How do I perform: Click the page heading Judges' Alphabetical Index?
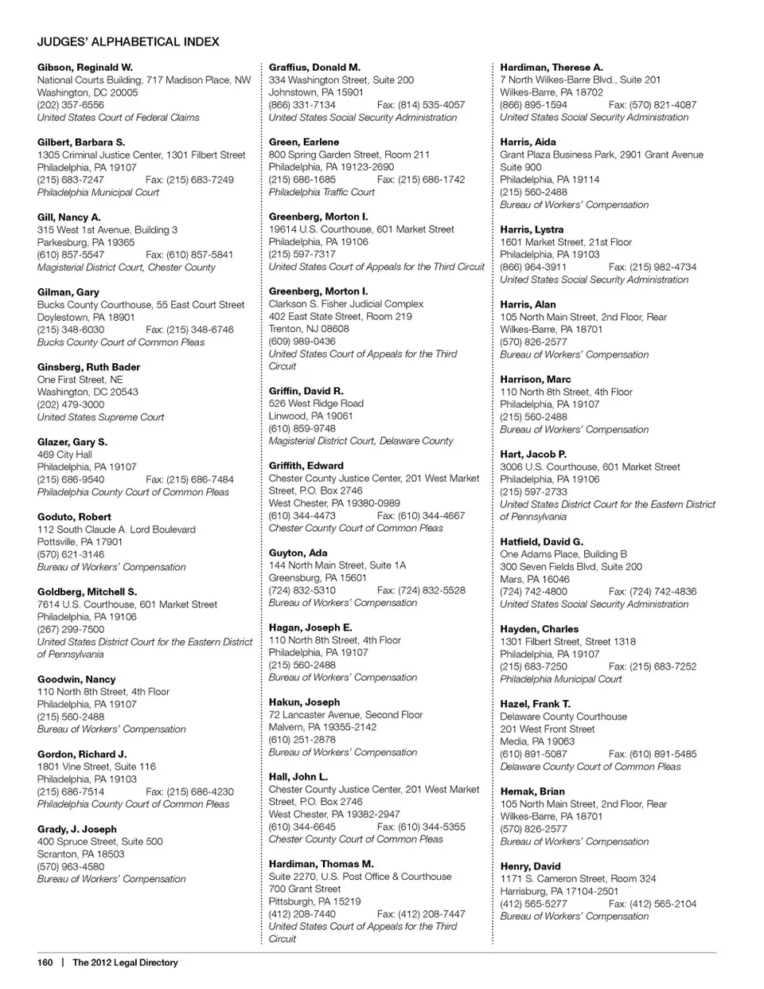[x=128, y=41]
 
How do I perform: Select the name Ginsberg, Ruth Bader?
[x=88, y=367]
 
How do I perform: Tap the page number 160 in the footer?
[x=45, y=962]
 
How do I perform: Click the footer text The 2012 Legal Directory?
[x=125, y=962]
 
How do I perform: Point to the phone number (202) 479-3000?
[x=70, y=405]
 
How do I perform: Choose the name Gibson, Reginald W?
[x=84, y=68]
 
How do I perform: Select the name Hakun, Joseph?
[x=304, y=702]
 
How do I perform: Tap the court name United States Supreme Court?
[x=100, y=417]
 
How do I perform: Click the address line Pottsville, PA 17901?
[x=80, y=542]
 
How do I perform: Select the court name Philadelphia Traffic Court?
[x=322, y=192]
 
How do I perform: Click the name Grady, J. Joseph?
[x=76, y=829]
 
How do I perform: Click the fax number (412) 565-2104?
[x=652, y=904]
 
